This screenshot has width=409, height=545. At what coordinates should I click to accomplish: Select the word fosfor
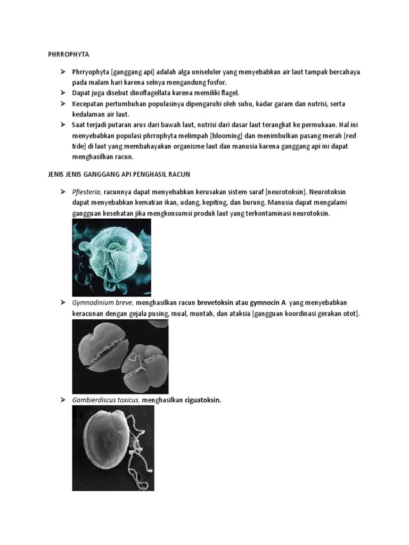pos(215,82)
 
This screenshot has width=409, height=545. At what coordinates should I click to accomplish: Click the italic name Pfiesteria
pos(87,192)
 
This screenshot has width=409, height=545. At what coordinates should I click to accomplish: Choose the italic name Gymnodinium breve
pos(102,303)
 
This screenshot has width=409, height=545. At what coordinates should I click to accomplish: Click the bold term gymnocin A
pos(265,303)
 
